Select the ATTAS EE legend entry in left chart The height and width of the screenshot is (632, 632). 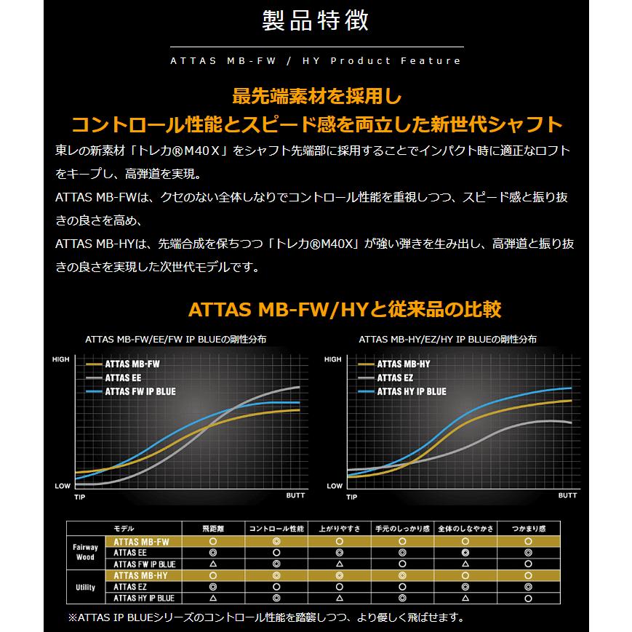[123, 377]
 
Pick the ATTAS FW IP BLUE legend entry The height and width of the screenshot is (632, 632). [140, 391]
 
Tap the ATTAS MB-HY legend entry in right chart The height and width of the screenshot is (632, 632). [404, 364]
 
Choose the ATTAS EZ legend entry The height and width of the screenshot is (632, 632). [395, 377]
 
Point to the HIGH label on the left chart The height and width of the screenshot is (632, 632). [61, 359]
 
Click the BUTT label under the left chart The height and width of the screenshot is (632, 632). [295, 495]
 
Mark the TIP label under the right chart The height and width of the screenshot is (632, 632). [352, 497]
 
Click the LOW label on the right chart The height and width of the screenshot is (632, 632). [335, 485]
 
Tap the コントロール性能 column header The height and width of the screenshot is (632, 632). [276, 529]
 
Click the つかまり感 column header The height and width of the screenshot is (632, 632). [528, 529]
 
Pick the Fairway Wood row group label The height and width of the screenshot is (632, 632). [85, 552]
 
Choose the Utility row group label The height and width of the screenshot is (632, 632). [85, 586]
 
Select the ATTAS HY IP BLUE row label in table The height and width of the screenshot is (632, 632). [143, 598]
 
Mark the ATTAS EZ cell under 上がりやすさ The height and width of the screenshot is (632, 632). [339, 586]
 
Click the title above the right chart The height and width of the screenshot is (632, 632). [447, 340]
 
